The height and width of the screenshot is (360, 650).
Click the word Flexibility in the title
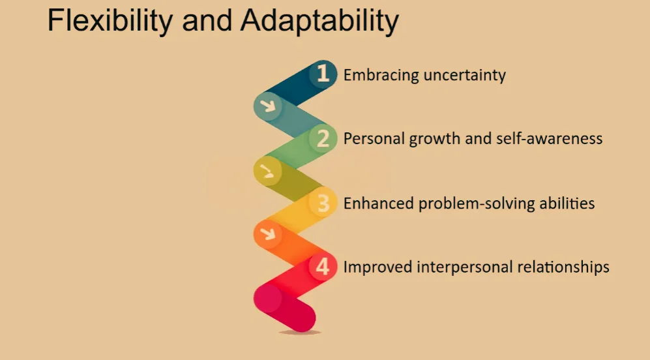tap(110, 21)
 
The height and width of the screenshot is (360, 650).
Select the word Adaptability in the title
tap(319, 21)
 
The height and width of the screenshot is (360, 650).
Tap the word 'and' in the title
tap(207, 20)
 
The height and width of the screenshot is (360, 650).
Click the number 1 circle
tap(323, 74)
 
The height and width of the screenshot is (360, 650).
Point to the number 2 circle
tap(323, 138)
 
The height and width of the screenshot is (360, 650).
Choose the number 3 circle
tap(323, 202)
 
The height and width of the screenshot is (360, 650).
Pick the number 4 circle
tap(323, 266)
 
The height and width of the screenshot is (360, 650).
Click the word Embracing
tap(381, 76)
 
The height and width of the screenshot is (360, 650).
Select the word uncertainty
tap(465, 76)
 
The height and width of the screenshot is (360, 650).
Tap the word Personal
tap(374, 138)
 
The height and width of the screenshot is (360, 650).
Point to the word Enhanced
tap(379, 203)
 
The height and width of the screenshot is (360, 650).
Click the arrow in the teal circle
tap(268, 106)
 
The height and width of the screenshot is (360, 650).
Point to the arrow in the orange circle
tap(268, 234)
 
